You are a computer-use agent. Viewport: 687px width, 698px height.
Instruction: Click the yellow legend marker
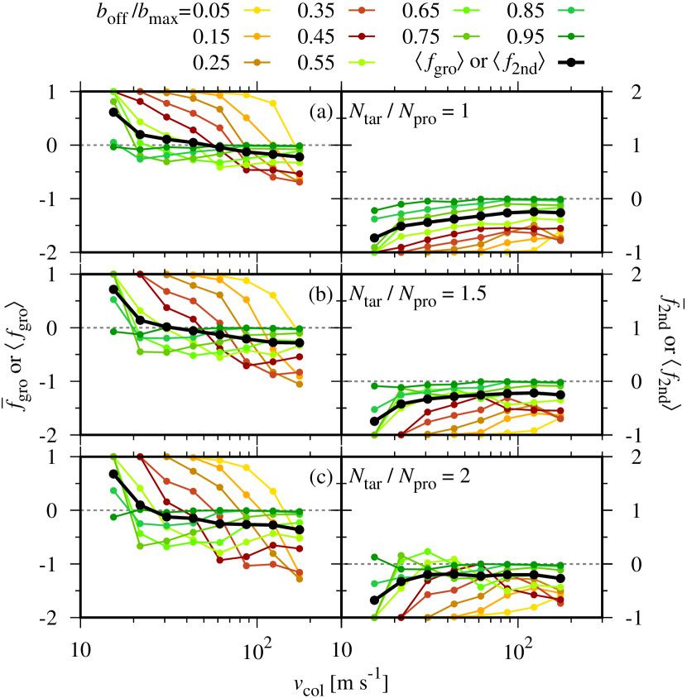(257, 10)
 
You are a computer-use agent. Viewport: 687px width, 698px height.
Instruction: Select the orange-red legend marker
(361, 10)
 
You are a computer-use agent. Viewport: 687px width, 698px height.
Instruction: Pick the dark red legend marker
(361, 36)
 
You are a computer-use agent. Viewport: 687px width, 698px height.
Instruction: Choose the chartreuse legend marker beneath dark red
(361, 62)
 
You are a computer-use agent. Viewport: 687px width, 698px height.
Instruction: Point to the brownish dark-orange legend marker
(257, 62)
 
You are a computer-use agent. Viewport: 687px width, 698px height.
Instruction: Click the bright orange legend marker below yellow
(257, 36)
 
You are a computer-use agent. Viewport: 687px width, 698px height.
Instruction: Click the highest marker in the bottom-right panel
(427, 551)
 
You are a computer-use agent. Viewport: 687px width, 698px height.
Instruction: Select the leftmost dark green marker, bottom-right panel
(374, 557)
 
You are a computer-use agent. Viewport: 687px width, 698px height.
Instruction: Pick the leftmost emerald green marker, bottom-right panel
(374, 583)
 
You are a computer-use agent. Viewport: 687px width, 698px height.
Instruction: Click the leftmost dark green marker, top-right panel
(374, 211)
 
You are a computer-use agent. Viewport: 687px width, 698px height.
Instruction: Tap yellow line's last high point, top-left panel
(272, 103)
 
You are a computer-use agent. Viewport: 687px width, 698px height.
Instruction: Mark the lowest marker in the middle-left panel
(299, 384)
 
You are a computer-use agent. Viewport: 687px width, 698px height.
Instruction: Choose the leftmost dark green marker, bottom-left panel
(113, 517)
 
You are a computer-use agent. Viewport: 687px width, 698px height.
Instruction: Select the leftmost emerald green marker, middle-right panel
(374, 409)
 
